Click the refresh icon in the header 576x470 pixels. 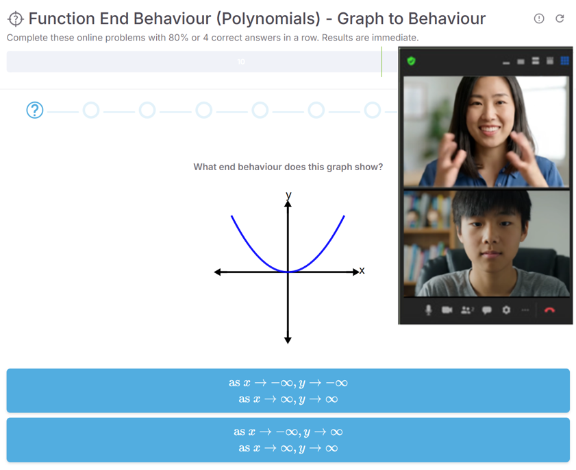pos(560,19)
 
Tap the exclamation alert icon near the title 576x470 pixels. pos(539,19)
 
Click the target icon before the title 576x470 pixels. pos(16,19)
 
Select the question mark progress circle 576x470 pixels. pos(35,110)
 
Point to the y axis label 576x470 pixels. pos(289,195)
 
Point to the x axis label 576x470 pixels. pos(362,271)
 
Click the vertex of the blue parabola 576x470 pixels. pos(288,272)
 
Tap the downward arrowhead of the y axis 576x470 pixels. pos(288,340)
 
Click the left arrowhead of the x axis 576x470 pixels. pos(218,272)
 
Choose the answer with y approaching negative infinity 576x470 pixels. pos(288,390)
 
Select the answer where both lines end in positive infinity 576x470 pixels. pos(288,440)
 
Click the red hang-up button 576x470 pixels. pos(549,310)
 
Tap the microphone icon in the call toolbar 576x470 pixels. pos(428,310)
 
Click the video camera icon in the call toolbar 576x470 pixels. pos(447,310)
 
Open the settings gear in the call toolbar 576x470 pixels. pos(506,310)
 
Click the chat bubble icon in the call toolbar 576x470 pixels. pos(487,310)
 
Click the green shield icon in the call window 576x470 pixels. pos(412,61)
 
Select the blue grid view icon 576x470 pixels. pos(564,61)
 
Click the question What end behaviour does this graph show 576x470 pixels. pos(288,167)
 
